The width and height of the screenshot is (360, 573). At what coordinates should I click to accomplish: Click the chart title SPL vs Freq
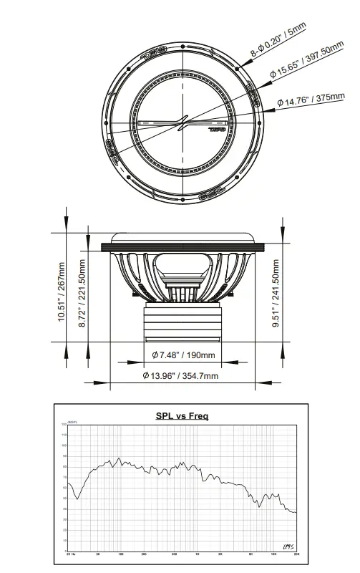point(182,416)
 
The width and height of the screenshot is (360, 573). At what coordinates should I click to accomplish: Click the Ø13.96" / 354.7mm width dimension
point(183,376)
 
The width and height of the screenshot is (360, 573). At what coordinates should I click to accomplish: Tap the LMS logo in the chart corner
point(289,547)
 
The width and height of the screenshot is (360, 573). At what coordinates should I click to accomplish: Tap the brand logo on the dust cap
point(214,129)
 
